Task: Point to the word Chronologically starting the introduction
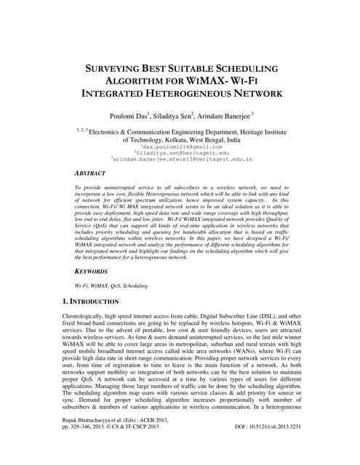(x=91, y=318)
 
